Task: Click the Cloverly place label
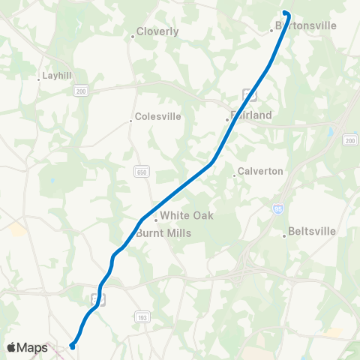click(x=157, y=32)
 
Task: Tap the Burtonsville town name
click(x=306, y=25)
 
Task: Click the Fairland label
click(x=251, y=115)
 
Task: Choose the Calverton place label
click(x=261, y=171)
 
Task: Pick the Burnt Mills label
click(x=164, y=233)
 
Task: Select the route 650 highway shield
click(x=141, y=172)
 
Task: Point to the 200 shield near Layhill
click(x=80, y=91)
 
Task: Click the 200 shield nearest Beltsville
click(x=349, y=140)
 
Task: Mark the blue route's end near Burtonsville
click(x=286, y=12)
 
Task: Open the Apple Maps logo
click(x=26, y=347)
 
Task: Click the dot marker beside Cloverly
click(x=133, y=36)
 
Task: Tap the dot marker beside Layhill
click(x=39, y=79)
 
